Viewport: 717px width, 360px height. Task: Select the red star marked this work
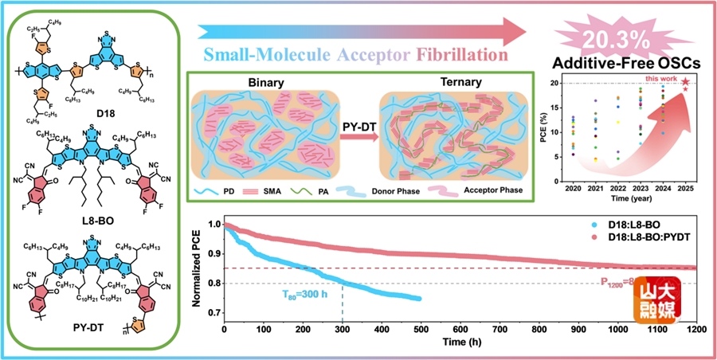[685, 83]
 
